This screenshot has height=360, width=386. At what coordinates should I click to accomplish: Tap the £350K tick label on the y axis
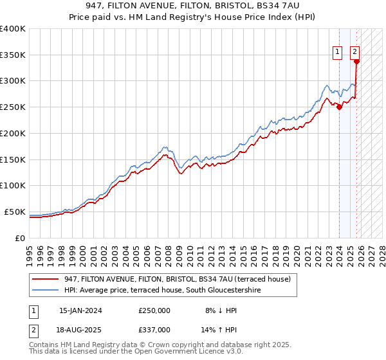pyautogui.click(x=13, y=55)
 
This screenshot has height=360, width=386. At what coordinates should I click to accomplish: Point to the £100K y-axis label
pyautogui.click(x=13, y=186)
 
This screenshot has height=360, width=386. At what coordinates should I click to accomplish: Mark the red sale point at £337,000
pyautogui.click(x=357, y=62)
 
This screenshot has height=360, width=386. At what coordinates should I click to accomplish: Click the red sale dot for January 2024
pyautogui.click(x=340, y=107)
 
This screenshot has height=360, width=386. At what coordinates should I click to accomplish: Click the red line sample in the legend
pyautogui.click(x=46, y=279)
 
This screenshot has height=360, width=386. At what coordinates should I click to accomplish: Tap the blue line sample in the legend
pyautogui.click(x=46, y=291)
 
